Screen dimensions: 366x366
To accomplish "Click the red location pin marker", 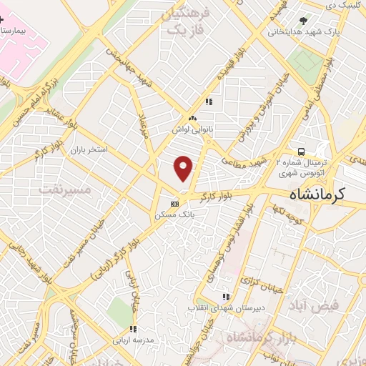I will click(x=184, y=169).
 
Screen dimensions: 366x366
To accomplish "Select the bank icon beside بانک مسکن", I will click(x=174, y=203).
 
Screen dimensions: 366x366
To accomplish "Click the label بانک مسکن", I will click(x=170, y=214).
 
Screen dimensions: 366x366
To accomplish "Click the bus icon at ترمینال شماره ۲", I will click(x=302, y=152).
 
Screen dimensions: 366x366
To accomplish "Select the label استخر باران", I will click(x=88, y=152).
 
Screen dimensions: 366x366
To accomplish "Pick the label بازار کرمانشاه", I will click(x=249, y=337).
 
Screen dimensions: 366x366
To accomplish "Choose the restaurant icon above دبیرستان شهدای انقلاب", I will click(x=226, y=296).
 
